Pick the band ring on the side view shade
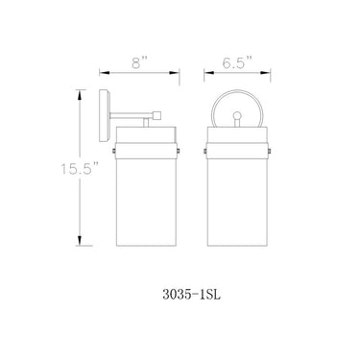coord(146,150)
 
